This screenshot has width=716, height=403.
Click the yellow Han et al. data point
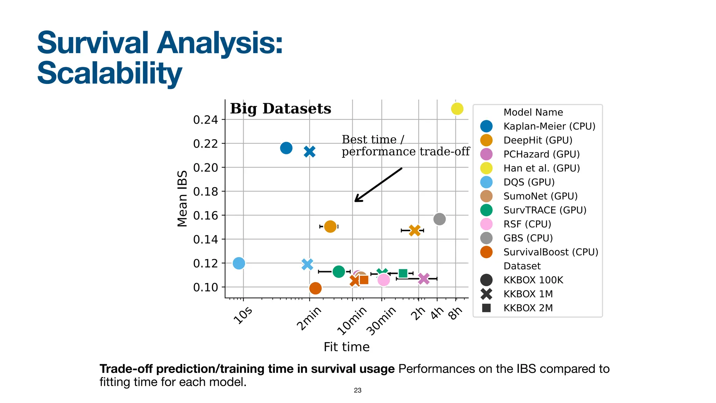[x=457, y=109]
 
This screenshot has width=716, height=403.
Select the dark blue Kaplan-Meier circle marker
[x=286, y=148]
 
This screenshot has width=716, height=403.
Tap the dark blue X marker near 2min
[x=309, y=151]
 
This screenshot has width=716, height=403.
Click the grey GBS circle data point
[x=439, y=219]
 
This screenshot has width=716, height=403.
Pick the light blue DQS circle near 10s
[x=239, y=263]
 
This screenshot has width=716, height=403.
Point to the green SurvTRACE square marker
[x=403, y=273]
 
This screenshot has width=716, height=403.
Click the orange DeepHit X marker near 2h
[x=415, y=230]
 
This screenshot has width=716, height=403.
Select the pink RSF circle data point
[x=384, y=280]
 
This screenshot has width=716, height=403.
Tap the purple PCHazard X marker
[x=423, y=279]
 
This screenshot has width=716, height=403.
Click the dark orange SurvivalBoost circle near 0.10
[x=315, y=288]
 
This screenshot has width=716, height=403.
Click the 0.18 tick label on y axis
[x=205, y=192]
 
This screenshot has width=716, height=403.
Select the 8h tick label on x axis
[x=456, y=313]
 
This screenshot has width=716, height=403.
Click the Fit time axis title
[x=346, y=347]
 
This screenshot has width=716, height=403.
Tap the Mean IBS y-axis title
[x=182, y=199]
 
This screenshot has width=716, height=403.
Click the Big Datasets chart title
[x=280, y=109]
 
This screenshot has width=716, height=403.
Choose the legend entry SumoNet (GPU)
[x=540, y=196]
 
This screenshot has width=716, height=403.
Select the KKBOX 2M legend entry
[x=528, y=308]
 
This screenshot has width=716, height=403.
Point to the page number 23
[x=358, y=390]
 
